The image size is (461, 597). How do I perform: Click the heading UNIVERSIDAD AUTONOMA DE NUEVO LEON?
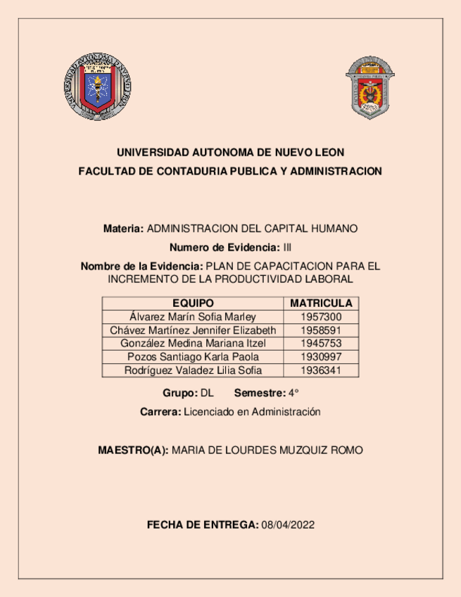coord(230,152)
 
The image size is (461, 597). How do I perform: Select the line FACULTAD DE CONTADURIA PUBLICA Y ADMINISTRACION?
coord(230,171)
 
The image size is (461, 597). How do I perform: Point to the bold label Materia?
coord(123,229)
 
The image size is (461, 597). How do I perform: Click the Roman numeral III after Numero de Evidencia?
coord(286,247)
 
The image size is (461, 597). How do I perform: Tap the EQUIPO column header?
coord(193,303)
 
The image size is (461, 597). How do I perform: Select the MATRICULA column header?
coord(321,303)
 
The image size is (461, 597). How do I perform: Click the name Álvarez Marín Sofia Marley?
coord(193,317)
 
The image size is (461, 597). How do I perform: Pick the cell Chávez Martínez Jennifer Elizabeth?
coord(193,330)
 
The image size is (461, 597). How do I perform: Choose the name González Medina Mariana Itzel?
coord(193,344)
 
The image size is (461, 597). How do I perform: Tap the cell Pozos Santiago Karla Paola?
coord(193,357)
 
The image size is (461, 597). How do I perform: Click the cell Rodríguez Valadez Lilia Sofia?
coord(193,370)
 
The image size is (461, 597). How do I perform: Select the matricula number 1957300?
coord(321,317)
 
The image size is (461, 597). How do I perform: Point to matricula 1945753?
coord(321,344)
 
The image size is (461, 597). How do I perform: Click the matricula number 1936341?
coord(321,370)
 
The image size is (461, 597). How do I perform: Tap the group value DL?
coord(207,393)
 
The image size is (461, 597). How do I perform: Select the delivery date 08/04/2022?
coord(287,525)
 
